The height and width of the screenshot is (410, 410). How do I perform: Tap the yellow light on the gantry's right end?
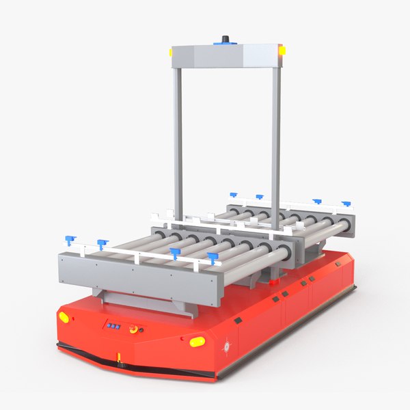(x=282, y=50)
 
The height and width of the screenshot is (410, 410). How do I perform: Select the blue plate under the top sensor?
(x=225, y=44)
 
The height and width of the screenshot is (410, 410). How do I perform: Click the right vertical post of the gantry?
(x=276, y=137)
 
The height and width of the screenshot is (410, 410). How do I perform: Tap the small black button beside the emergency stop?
(x=141, y=330)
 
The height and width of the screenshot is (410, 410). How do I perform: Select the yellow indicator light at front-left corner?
(x=64, y=317)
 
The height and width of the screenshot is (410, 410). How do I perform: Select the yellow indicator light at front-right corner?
(x=197, y=341)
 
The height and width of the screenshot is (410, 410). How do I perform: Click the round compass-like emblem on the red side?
(x=227, y=345)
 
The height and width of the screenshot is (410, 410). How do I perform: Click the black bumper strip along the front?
(x=137, y=362)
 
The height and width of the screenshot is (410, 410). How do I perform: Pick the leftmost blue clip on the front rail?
(x=69, y=240)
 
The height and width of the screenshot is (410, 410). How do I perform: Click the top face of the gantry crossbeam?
(x=225, y=51)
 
